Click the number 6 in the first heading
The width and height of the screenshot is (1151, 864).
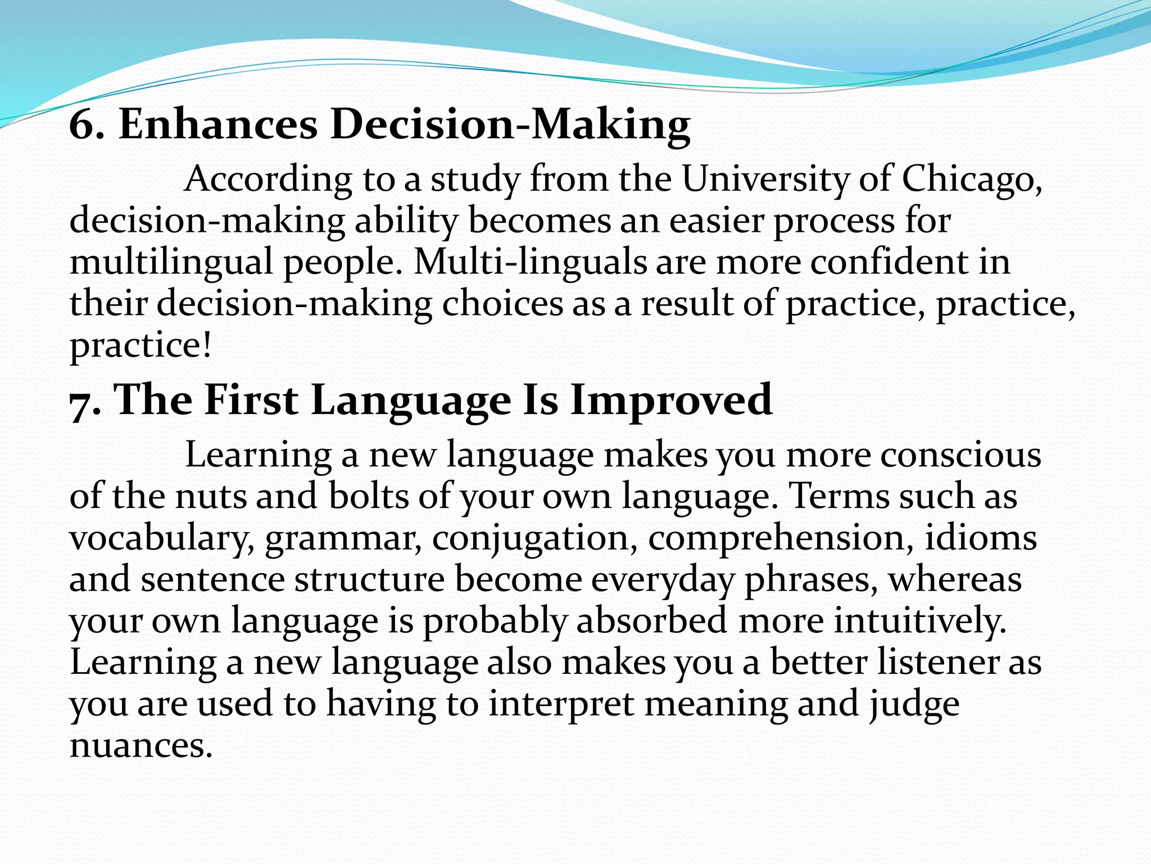click(82, 124)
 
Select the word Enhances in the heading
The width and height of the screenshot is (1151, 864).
click(218, 124)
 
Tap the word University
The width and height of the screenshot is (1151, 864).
click(765, 179)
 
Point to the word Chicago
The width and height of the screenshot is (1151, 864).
click(971, 181)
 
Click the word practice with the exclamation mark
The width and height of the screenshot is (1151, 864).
click(141, 346)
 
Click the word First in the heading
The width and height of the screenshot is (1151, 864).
click(251, 400)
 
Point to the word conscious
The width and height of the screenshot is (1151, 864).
click(960, 454)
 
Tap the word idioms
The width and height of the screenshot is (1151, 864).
click(981, 538)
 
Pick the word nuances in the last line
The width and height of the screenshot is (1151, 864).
click(141, 746)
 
